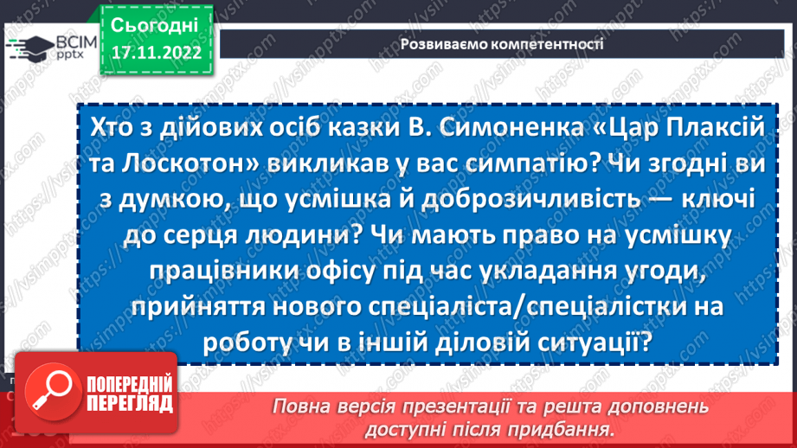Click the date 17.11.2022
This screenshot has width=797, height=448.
point(156,51)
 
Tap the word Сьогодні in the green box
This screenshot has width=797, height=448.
point(156,23)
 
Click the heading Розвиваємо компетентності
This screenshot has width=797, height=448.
point(501,43)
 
